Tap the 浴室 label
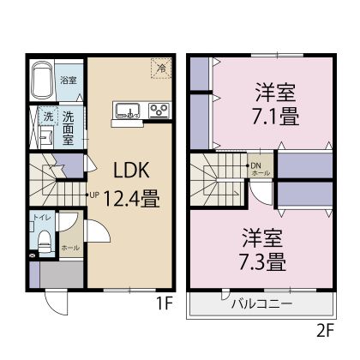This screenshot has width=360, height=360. pyautogui.click(x=69, y=80)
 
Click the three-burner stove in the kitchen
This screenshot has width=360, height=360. pyautogui.click(x=159, y=110)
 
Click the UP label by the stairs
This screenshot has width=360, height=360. pyautogui.click(x=94, y=195)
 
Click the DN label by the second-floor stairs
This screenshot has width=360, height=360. pyautogui.click(x=255, y=165)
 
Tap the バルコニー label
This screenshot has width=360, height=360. pyautogui.click(x=261, y=304)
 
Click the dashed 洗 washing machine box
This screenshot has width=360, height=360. pyautogui.click(x=48, y=117)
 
